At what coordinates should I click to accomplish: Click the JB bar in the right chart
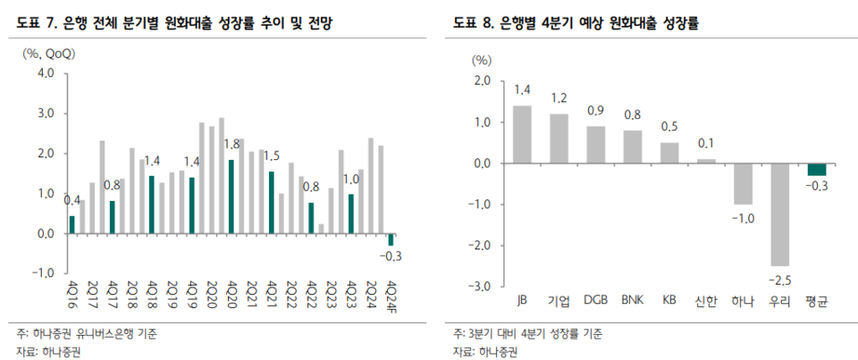(522, 134)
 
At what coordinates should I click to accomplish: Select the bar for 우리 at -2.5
(778, 214)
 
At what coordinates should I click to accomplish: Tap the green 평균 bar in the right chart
(816, 170)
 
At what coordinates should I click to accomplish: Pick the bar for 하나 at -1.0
(742, 184)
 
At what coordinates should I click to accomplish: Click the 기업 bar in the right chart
(559, 138)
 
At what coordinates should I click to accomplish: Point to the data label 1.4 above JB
(522, 89)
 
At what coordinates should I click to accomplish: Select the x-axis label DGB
(595, 301)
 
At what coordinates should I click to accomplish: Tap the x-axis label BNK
(632, 301)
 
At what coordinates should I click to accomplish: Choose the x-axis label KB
(669, 301)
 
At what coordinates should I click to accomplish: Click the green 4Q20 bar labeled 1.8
(231, 197)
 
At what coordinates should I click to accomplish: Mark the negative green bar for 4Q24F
(391, 239)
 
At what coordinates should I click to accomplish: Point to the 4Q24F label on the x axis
(391, 293)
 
